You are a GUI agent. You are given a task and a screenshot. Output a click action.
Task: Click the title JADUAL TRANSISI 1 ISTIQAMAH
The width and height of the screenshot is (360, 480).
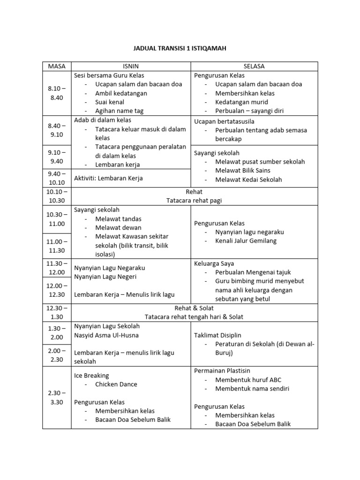pyautogui.click(x=180, y=48)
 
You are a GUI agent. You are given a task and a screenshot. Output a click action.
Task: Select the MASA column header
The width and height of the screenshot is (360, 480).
pyautogui.click(x=57, y=66)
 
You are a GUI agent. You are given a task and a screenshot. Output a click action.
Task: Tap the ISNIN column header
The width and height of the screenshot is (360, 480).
pyautogui.click(x=131, y=66)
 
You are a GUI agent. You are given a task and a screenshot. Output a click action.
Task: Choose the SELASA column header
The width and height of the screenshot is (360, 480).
pyautogui.click(x=254, y=66)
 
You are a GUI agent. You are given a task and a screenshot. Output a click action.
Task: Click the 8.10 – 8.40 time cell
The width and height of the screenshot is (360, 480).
pyautogui.click(x=57, y=93)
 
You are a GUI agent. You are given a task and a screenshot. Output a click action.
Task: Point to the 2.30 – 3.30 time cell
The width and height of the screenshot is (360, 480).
pyautogui.click(x=57, y=397)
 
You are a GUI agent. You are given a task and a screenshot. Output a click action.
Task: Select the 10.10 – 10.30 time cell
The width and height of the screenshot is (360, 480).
pyautogui.click(x=57, y=196)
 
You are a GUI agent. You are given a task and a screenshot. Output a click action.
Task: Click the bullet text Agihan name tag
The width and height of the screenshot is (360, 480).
pyautogui.click(x=119, y=111)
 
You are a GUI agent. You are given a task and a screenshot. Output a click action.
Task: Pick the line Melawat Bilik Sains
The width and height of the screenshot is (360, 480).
pyautogui.click(x=243, y=171)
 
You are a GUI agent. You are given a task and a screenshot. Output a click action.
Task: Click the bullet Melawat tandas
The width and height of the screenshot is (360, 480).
pyautogui.click(x=118, y=219)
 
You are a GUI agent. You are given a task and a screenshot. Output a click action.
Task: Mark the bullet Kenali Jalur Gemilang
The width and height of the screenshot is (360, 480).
pyautogui.click(x=246, y=241)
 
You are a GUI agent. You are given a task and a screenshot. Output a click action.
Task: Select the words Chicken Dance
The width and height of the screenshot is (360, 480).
pyautogui.click(x=116, y=384)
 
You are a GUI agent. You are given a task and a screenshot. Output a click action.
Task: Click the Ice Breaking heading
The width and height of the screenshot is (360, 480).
pyautogui.click(x=91, y=375)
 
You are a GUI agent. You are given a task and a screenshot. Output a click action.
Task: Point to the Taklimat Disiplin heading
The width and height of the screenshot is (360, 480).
pyautogui.click(x=218, y=335)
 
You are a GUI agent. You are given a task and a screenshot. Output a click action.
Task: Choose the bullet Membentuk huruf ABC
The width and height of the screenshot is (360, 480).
pyautogui.click(x=248, y=380)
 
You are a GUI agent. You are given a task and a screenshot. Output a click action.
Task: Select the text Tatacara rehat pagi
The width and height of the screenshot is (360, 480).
pyautogui.click(x=194, y=201)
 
